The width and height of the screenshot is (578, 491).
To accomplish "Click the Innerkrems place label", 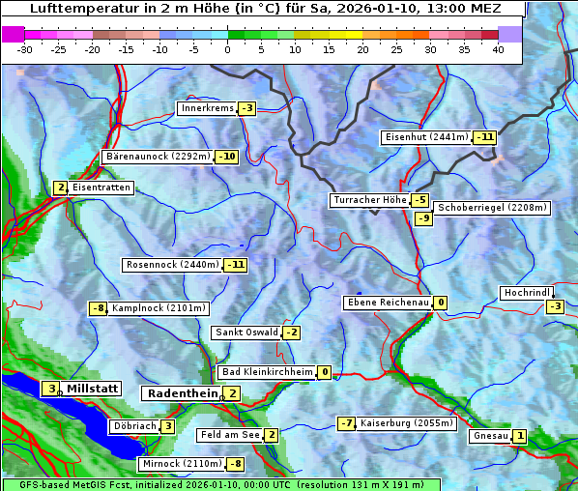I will [207, 108].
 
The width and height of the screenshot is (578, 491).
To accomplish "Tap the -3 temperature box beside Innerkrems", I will [246, 108].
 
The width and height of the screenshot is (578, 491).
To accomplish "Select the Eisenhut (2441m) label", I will [426, 137].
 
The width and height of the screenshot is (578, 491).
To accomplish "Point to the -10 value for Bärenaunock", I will [227, 157].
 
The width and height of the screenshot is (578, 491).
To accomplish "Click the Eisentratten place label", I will [101, 188].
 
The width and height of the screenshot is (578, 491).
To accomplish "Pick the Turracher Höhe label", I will [369, 201].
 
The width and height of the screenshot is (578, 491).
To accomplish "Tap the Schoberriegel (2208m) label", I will [492, 208].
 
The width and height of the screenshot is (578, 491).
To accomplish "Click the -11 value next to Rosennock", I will [235, 265].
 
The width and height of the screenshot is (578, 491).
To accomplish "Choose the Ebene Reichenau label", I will [388, 303].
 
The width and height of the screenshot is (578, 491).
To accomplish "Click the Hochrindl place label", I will [527, 293].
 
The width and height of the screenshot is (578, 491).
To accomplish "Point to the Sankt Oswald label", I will [246, 332].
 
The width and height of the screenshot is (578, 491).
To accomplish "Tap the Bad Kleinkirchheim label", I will [268, 372].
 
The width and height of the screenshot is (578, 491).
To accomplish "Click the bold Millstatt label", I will [93, 389].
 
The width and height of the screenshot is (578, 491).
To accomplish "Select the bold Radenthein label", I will [183, 393].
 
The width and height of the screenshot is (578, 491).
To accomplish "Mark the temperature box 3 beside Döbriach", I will [167, 426].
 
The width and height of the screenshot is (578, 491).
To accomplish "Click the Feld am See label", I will [230, 435].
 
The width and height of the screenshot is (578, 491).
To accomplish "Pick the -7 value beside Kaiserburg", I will [346, 423].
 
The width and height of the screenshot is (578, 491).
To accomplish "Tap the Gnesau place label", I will [490, 436].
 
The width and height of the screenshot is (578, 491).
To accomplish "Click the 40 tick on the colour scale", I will [498, 49].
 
